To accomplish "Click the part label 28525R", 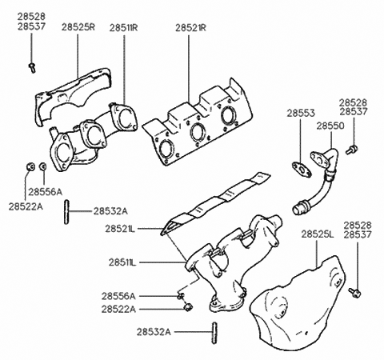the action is tap(78, 27).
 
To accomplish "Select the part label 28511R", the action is tap(123, 28).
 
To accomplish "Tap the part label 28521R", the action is tap(190, 28).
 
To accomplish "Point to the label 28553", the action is tap(301, 113).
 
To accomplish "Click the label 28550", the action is tap(330, 126).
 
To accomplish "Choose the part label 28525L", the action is tap(318, 234).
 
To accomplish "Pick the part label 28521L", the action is tap(120, 229).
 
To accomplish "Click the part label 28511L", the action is tap(122, 262).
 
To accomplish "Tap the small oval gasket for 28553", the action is tap(302, 170).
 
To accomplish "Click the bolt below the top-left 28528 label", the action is tap(32, 68).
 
